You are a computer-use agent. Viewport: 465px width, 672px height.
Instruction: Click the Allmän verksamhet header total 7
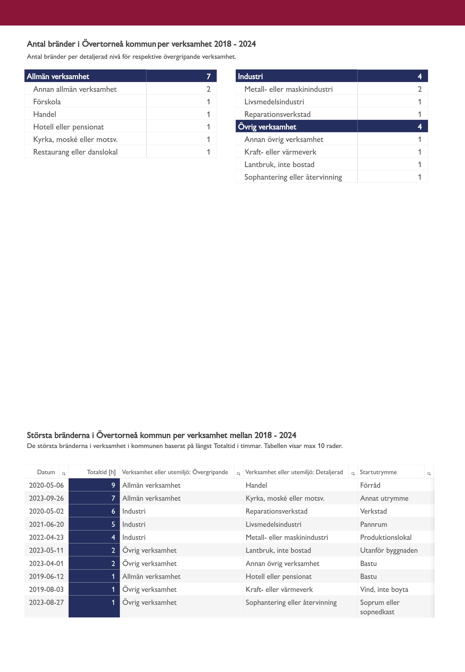click(x=208, y=76)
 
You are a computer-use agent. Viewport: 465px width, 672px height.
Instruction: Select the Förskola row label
click(x=47, y=102)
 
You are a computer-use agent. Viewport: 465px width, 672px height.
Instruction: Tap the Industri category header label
click(x=250, y=76)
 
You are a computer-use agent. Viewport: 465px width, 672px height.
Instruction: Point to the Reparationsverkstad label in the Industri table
click(x=277, y=114)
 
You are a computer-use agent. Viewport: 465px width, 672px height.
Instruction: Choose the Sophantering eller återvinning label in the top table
click(x=293, y=177)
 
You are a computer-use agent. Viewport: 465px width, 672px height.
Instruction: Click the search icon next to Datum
click(x=64, y=474)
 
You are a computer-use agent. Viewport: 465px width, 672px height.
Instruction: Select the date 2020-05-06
click(x=46, y=485)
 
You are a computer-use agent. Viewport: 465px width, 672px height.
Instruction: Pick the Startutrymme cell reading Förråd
click(x=370, y=485)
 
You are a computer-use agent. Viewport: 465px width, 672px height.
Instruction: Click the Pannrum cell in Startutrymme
click(x=374, y=524)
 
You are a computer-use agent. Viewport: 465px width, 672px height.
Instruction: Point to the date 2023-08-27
click(x=46, y=602)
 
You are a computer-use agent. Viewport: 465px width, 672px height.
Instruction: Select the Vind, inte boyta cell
click(x=384, y=589)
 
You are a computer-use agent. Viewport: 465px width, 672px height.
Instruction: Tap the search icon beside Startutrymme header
click(x=429, y=474)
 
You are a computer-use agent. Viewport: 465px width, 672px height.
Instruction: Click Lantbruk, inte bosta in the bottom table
click(x=278, y=550)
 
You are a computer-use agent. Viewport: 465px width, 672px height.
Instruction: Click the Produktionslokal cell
click(x=386, y=538)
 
